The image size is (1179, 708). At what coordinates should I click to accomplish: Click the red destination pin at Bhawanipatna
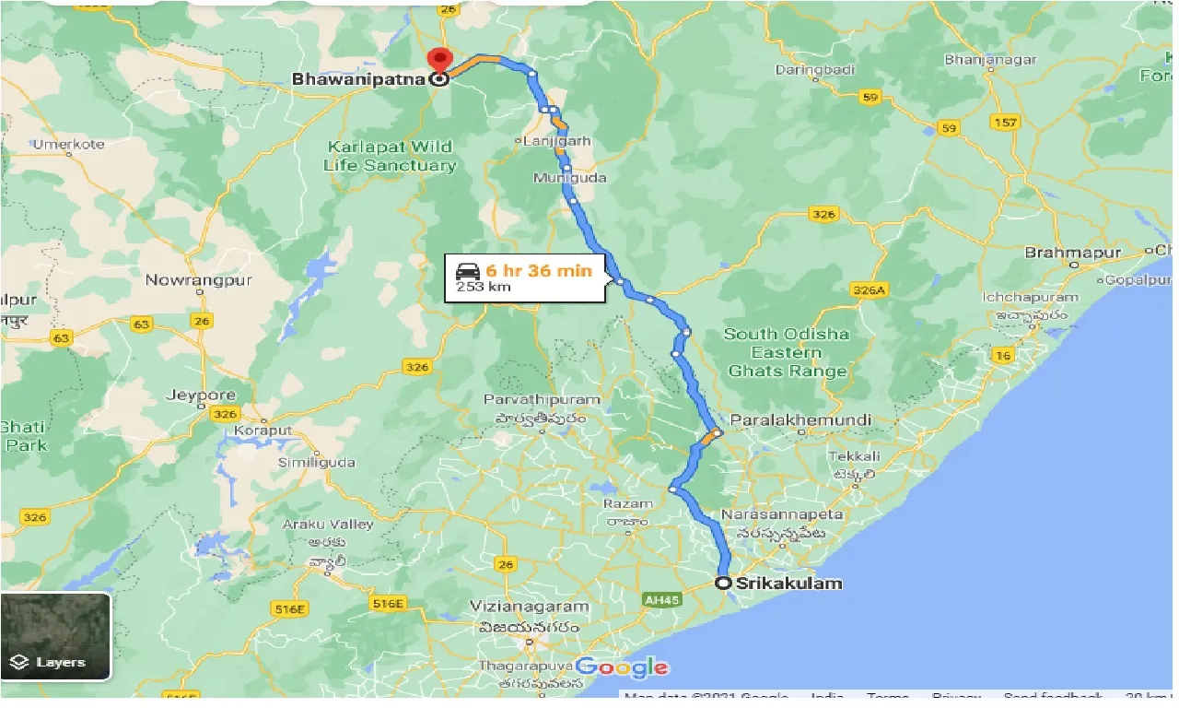pyautogui.click(x=439, y=59)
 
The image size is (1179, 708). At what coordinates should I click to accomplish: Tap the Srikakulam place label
pyautogui.click(x=788, y=583)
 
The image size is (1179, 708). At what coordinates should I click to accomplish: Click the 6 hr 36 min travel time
pyautogui.click(x=539, y=270)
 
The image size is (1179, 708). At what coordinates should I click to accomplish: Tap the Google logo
pyautogui.click(x=623, y=667)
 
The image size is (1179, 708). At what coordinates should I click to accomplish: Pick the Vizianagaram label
pyautogui.click(x=529, y=607)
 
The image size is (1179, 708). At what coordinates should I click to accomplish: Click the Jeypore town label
pyautogui.click(x=201, y=395)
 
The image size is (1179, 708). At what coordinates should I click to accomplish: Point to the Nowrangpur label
pyautogui.click(x=199, y=278)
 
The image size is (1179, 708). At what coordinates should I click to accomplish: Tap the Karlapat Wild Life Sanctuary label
pyautogui.click(x=390, y=157)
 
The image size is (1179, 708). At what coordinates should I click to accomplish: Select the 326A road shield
pyautogui.click(x=870, y=290)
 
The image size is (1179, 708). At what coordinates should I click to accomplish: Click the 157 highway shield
pyautogui.click(x=1005, y=123)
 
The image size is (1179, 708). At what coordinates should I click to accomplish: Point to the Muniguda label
pyautogui.click(x=569, y=177)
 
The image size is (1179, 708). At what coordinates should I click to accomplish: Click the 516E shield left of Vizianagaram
pyautogui.click(x=388, y=604)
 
